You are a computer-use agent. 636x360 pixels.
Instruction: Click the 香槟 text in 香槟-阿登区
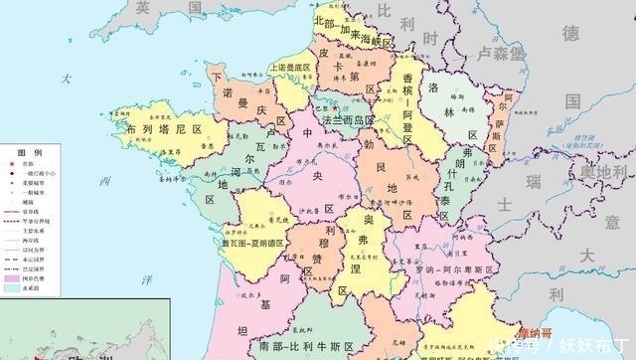click(409, 79)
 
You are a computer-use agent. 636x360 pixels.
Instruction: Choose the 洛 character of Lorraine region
click(434, 88)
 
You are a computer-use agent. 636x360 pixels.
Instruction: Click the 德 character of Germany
click(570, 34)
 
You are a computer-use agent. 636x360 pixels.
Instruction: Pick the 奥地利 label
click(603, 174)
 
